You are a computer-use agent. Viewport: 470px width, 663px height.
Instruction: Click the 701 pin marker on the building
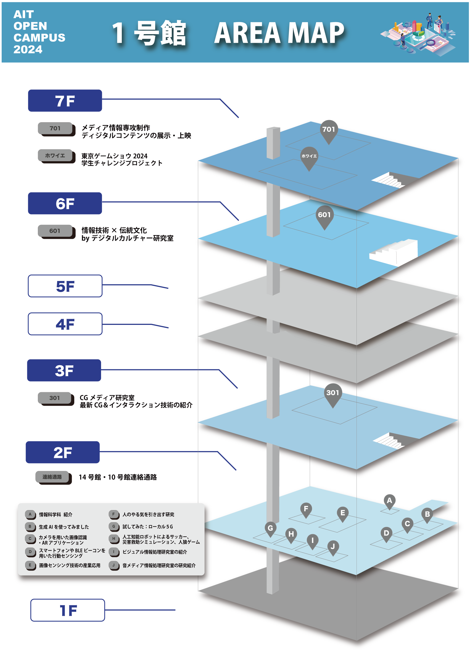(329, 130)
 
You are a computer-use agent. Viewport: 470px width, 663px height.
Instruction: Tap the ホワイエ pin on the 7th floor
(309, 157)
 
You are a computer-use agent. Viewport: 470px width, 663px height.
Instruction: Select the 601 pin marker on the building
(324, 215)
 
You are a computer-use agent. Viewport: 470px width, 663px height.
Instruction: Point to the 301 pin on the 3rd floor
(332, 393)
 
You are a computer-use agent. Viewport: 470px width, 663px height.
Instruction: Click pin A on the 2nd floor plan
(389, 501)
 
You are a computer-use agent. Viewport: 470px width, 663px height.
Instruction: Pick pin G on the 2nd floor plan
(270, 529)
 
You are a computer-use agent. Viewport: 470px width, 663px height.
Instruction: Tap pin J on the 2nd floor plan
(333, 547)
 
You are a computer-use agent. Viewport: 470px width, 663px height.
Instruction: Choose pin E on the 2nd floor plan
(343, 513)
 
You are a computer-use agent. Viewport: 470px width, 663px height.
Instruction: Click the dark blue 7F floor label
(65, 101)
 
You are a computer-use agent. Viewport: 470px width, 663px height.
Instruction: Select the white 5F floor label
(65, 286)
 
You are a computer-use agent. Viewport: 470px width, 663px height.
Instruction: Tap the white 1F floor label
(68, 610)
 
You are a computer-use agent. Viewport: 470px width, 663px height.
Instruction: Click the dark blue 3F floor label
(64, 370)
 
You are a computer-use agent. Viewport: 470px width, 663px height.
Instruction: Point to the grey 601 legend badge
(55, 231)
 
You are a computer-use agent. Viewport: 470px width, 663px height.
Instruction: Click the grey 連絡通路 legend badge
(52, 477)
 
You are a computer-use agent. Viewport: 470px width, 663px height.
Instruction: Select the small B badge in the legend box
(30, 527)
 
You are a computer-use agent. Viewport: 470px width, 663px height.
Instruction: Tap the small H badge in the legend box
(114, 539)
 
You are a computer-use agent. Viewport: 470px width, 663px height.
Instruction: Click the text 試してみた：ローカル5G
(147, 527)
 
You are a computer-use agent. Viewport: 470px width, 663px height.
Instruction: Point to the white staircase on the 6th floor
(394, 252)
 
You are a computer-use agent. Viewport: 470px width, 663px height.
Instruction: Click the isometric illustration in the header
(418, 34)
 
